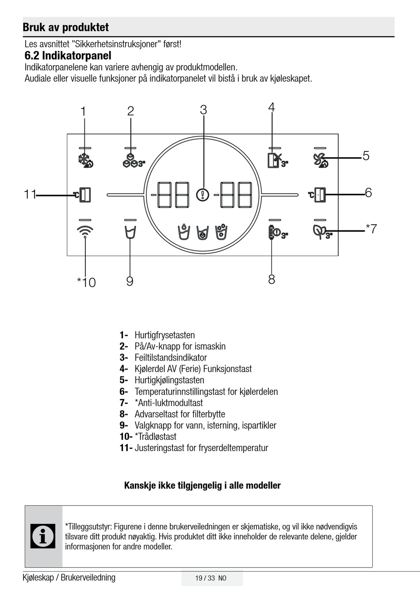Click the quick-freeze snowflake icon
(x=85, y=161)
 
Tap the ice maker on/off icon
(x=133, y=161)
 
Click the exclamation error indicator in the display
(x=203, y=194)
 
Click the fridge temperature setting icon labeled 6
(x=318, y=194)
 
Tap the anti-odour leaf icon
(x=321, y=231)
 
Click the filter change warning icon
(x=276, y=232)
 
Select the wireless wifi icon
(x=85, y=231)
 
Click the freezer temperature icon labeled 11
(x=83, y=194)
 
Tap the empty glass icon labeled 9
(x=130, y=232)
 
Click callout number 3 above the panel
(x=203, y=110)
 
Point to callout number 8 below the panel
(x=271, y=279)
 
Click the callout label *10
(x=86, y=282)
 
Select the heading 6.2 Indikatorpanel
(x=68, y=56)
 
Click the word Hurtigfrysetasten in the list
(x=164, y=335)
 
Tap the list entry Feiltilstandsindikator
(x=171, y=358)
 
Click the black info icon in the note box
(x=43, y=536)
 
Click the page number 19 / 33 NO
(x=211, y=578)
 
